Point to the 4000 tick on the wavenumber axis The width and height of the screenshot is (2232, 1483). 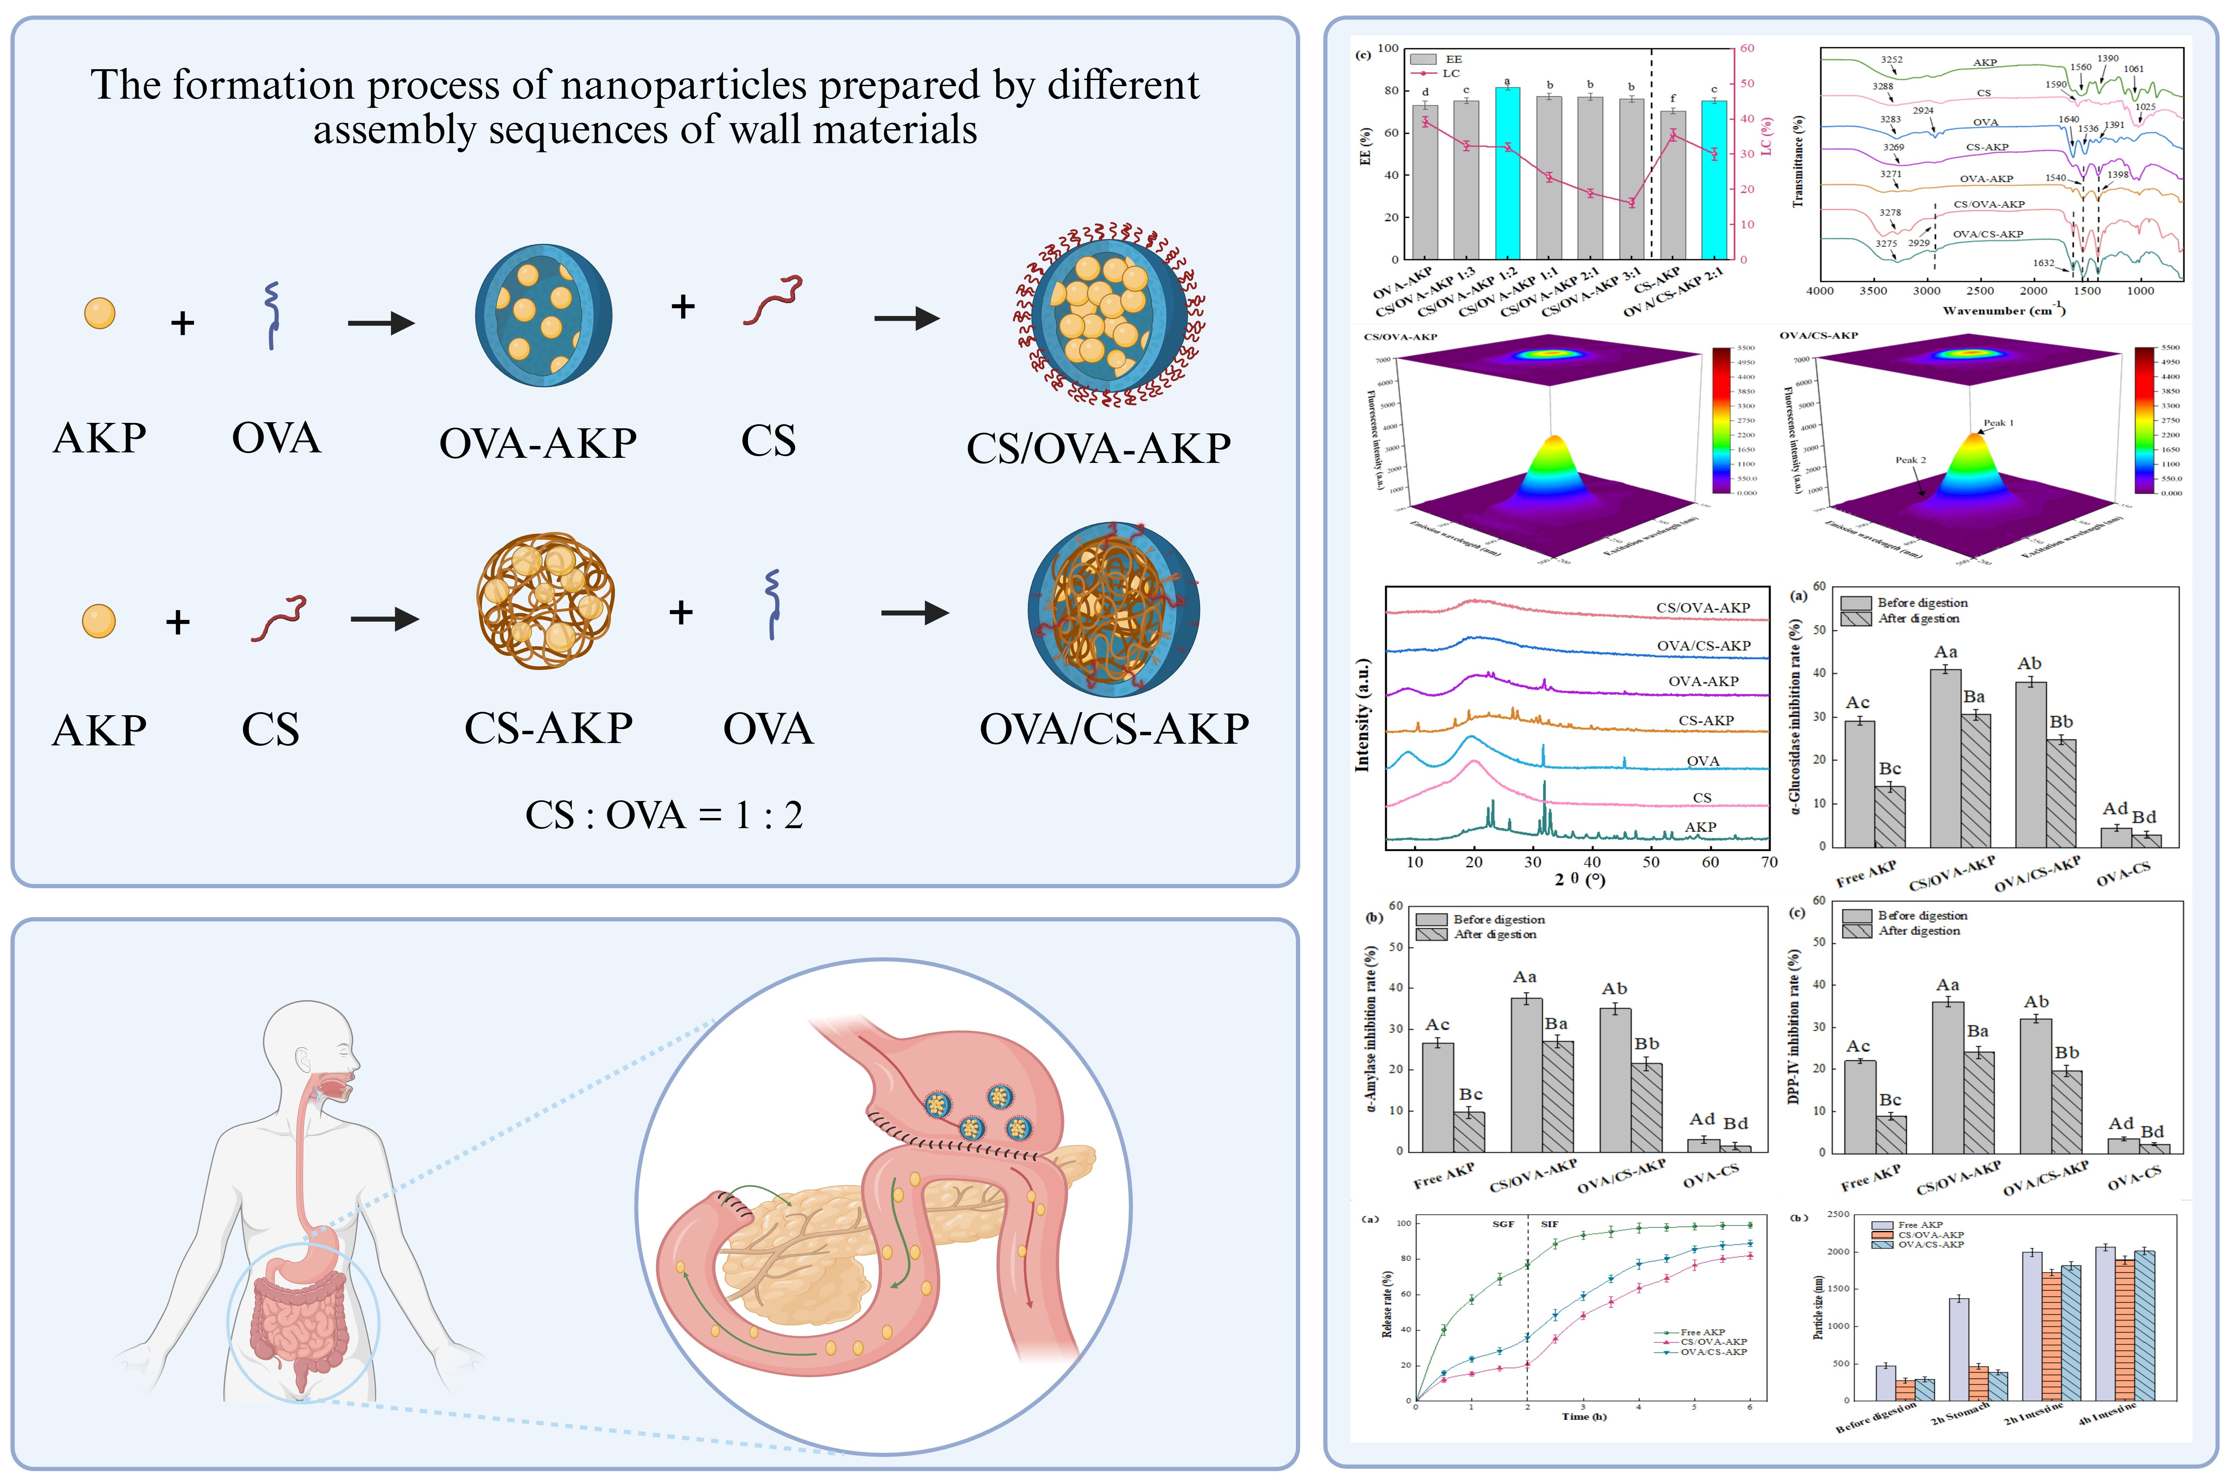[x=1819, y=290]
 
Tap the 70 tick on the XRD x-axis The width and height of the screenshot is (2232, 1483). [x=1768, y=862]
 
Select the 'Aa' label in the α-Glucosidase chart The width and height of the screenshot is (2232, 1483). [x=1945, y=652]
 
